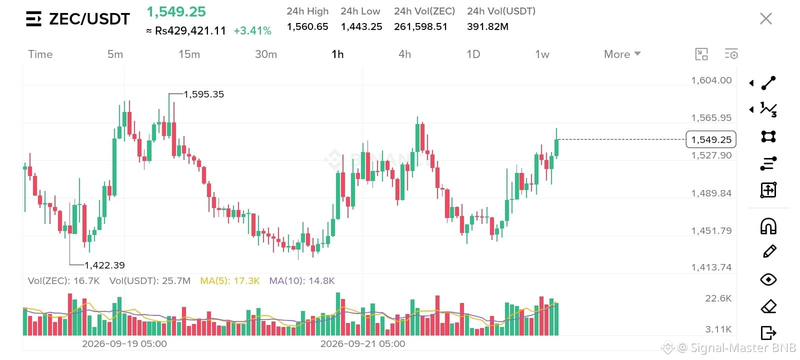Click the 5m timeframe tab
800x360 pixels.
coord(115,54)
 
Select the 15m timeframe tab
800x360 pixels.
coord(189,54)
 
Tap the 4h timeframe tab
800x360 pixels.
coord(404,54)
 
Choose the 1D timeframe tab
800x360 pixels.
coord(473,54)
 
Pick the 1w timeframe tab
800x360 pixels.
coord(542,54)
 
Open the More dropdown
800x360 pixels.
coord(622,54)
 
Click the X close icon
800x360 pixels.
coord(765,18)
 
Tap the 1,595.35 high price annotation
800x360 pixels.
coord(203,94)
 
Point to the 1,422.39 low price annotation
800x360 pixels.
coord(104,265)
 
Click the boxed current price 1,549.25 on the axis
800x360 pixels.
coord(711,139)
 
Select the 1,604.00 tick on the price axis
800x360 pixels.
coord(711,80)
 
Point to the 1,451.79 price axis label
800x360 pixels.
coord(711,230)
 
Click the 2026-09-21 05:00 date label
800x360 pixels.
coord(362,343)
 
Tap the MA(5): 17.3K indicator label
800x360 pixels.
coord(229,280)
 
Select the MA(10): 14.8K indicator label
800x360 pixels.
coord(302,280)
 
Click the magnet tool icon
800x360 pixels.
coord(768,226)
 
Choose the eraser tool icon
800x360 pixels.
coord(768,306)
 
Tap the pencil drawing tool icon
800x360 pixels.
coord(769,251)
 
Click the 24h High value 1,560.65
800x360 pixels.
coord(307,27)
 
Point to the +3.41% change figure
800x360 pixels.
coord(252,30)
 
